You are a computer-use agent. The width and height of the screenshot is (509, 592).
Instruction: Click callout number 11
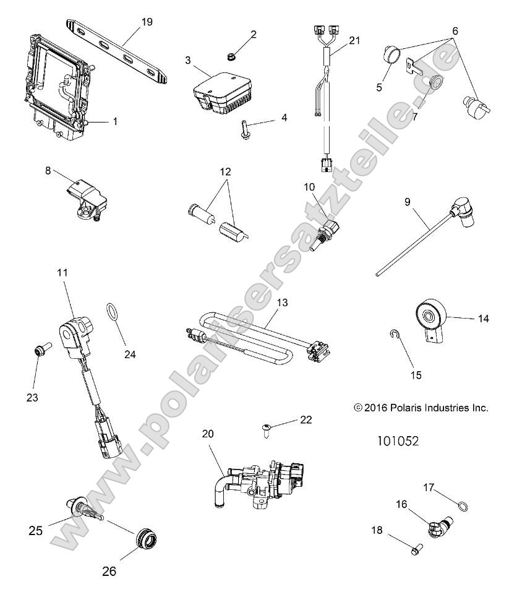pyautogui.click(x=62, y=272)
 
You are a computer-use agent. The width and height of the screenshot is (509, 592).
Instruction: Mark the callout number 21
pyautogui.click(x=353, y=41)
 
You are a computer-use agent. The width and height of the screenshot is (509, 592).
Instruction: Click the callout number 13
pyautogui.click(x=282, y=304)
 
